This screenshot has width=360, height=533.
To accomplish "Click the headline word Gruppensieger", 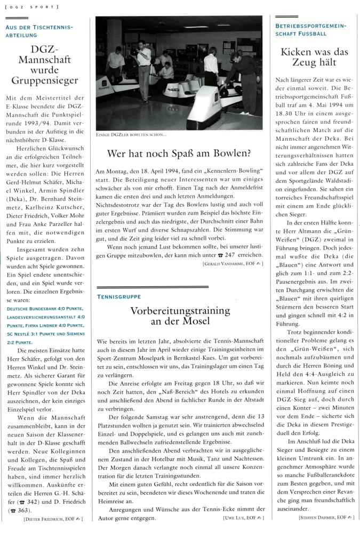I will click(47, 80).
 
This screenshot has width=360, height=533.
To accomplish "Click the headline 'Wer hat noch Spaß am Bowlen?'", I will click(179, 155).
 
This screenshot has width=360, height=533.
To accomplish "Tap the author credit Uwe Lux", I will click(238, 518).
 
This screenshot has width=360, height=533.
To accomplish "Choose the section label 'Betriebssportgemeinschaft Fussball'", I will click(310, 29).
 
